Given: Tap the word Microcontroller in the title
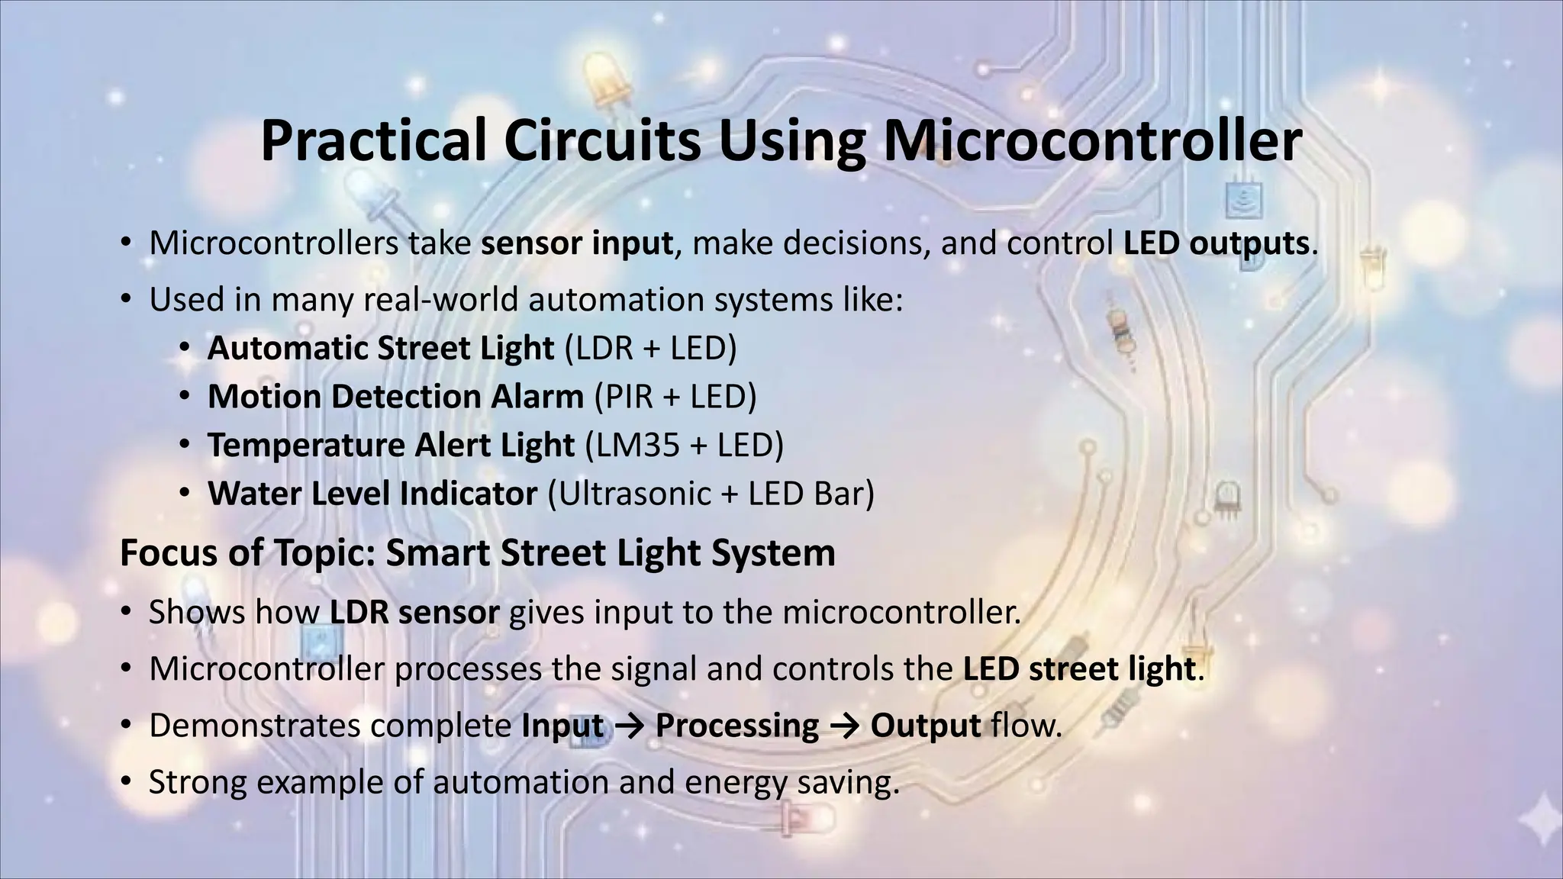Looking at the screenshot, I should (1092, 141).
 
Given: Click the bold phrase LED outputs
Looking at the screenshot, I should (1216, 243).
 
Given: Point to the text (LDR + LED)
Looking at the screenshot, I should (650, 348).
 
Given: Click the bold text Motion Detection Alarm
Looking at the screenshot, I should (395, 397).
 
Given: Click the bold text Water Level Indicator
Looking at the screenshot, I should (372, 494).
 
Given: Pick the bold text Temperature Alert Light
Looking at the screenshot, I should (391, 445).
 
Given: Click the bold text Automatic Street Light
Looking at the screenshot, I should (380, 348).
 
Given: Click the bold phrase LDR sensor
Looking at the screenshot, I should (414, 612).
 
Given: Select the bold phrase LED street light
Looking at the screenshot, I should (1079, 669).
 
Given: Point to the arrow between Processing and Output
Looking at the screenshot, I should (845, 726).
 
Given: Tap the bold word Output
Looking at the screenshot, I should (926, 726).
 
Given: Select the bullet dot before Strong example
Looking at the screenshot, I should (127, 781).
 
